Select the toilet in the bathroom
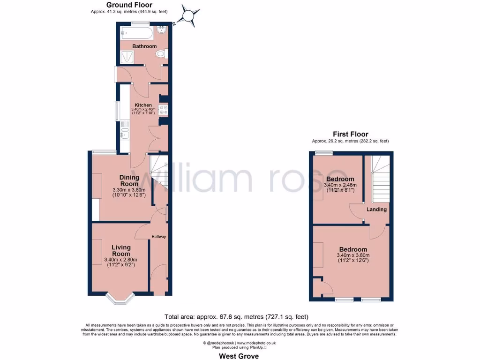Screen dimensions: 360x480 coord(161,55)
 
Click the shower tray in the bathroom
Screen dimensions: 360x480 coord(127,57)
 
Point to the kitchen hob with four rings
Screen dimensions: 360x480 coord(164,110)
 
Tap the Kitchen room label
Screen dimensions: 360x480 coord(143,105)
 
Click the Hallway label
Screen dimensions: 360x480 coord(158,237)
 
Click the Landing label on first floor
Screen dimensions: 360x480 coord(376,210)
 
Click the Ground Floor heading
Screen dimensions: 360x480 coord(129,5)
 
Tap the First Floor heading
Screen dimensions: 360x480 coord(350,134)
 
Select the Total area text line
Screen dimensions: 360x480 coord(236,316)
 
